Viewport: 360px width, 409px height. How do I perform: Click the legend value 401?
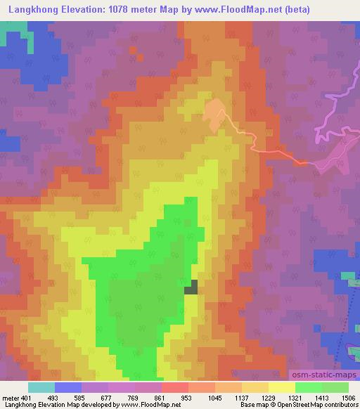tap(25, 398)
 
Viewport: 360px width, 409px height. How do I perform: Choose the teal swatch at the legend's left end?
tap(41, 387)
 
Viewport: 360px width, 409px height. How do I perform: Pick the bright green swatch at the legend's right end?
tap(335, 387)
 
